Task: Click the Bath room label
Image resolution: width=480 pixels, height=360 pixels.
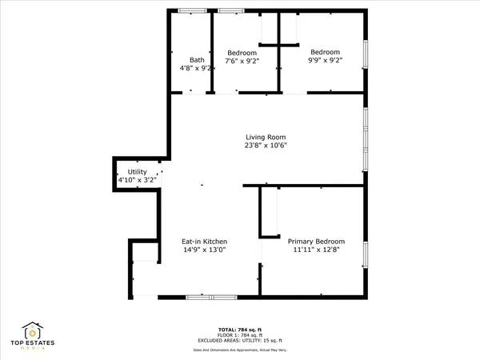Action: pyautogui.click(x=197, y=60)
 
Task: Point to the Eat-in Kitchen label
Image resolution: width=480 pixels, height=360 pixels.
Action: pyautogui.click(x=205, y=242)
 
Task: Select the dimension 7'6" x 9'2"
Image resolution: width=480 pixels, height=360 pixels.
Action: pyautogui.click(x=241, y=60)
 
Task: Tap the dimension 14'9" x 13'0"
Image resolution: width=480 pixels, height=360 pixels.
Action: pyautogui.click(x=205, y=250)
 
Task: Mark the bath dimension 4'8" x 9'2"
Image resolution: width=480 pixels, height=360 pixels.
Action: pyautogui.click(x=197, y=69)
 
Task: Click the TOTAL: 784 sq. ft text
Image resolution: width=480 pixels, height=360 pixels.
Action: pyautogui.click(x=240, y=330)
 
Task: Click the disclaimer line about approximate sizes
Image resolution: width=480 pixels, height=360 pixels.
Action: pyautogui.click(x=240, y=350)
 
